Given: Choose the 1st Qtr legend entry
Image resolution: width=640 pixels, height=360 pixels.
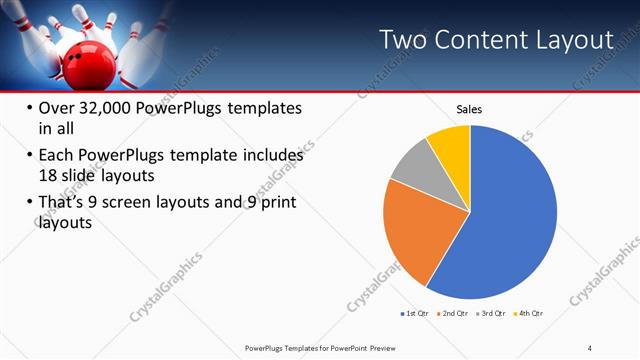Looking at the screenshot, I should (x=416, y=313).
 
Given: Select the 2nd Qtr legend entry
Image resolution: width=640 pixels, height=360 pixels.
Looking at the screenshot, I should (x=455, y=313).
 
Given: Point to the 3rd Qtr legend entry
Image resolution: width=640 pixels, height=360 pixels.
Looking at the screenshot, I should (x=494, y=313).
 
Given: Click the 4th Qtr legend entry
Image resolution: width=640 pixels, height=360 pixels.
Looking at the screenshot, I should (x=530, y=313).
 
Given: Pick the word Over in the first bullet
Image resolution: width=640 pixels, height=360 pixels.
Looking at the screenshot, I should (x=54, y=109).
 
